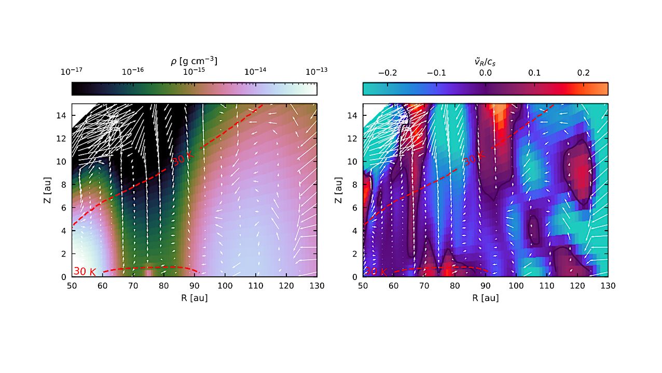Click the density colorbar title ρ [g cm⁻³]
click(194, 61)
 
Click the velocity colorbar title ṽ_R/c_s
click(485, 61)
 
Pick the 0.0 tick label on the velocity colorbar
click(486, 73)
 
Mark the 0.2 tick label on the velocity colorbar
click(583, 73)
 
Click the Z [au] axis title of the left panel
click(48, 190)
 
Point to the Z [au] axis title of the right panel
click(339, 190)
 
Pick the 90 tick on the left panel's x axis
click(195, 286)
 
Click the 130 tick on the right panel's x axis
click(608, 286)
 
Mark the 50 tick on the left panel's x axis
click(72, 286)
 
